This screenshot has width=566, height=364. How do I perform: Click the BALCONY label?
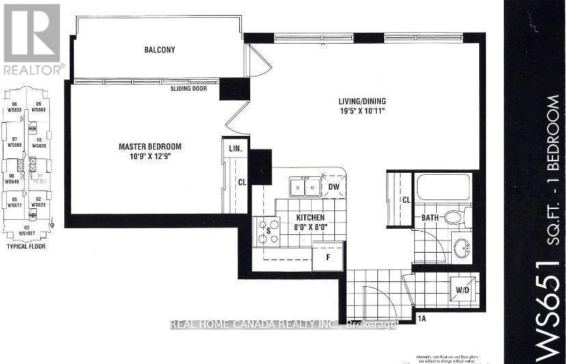click(x=159, y=50)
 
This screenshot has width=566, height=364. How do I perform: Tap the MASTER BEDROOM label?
click(x=150, y=147)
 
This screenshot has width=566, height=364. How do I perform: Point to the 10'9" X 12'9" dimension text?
click(x=150, y=157)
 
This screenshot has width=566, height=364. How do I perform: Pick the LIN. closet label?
click(x=235, y=148)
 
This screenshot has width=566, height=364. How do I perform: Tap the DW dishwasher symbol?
click(x=334, y=186)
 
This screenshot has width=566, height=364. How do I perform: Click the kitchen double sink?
click(x=304, y=186)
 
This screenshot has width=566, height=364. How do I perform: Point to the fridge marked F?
click(x=327, y=258)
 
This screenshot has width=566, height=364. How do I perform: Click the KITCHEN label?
click(x=310, y=216)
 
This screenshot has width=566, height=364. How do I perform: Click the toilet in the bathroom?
click(x=454, y=217)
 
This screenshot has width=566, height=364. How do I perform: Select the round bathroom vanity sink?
click(x=462, y=247)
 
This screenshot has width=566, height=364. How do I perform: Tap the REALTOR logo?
click(x=32, y=38)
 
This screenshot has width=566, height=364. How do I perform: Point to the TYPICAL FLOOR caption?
click(x=26, y=246)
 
